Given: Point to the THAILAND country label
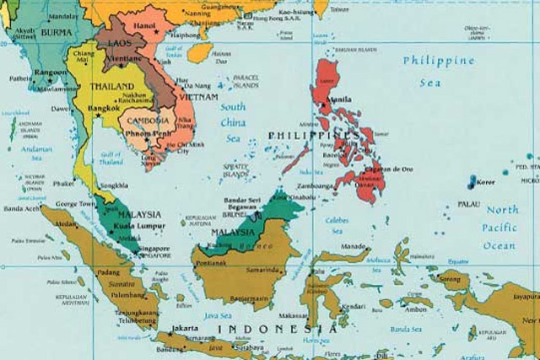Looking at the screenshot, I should [112, 87].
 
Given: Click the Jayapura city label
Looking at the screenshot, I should [524, 298].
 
